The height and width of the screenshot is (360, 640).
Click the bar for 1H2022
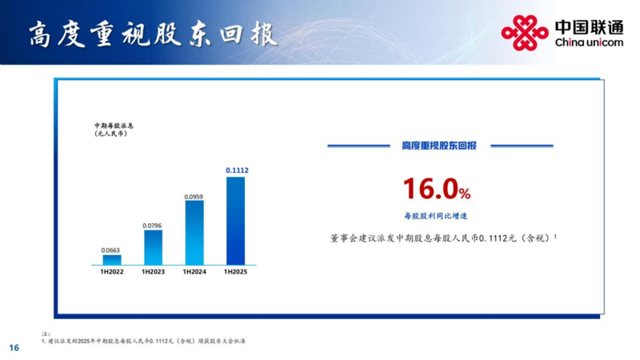112,260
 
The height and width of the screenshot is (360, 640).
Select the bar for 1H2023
153,247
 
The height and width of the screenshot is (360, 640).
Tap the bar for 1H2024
194,233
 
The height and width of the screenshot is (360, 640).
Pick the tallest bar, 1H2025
235,221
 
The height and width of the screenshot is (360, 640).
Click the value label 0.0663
110,250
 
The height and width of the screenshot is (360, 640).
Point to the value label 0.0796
152,226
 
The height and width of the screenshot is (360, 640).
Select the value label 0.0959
194,197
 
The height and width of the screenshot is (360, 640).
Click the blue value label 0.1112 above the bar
237,170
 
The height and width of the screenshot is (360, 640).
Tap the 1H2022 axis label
112,272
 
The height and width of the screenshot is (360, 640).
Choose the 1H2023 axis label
153,272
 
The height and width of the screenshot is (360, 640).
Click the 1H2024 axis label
194,272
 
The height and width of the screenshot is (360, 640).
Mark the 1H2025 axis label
235,272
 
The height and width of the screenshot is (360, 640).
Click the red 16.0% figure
437,189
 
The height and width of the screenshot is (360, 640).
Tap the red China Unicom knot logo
525,33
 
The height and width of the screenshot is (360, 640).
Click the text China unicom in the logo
589,42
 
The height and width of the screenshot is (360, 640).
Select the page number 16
14,348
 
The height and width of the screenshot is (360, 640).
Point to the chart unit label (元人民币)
110,134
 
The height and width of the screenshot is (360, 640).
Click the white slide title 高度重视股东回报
154,34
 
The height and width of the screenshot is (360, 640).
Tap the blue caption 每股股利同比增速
435,216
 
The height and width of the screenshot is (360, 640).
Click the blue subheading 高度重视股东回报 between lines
439,146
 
